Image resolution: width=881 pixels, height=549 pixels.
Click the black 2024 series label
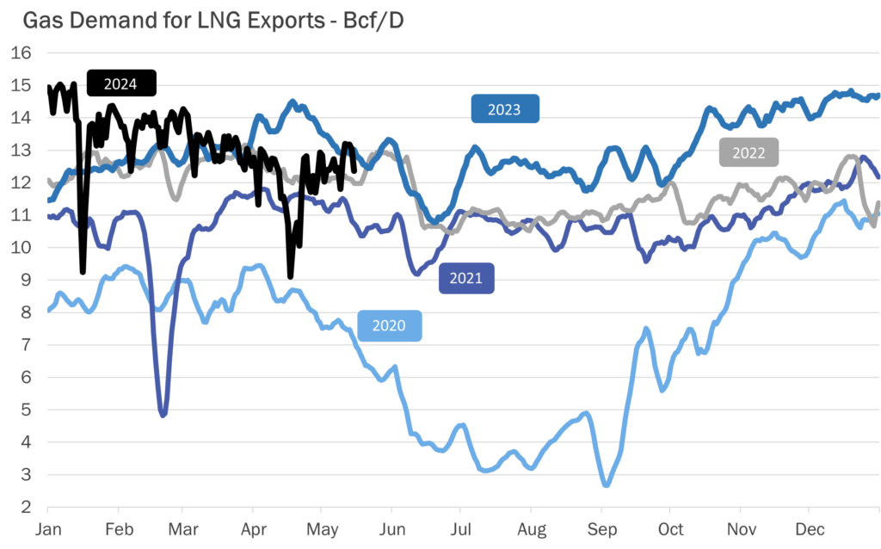122,83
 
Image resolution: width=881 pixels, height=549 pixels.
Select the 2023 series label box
505,109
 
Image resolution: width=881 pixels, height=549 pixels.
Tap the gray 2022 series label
749,153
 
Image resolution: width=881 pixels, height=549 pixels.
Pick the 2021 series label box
466,279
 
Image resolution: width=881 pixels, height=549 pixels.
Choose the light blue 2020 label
390,326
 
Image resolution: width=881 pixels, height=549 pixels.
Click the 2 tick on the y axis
26,507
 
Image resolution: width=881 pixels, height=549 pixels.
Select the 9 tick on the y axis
26,280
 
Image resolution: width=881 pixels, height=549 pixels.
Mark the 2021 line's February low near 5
163,415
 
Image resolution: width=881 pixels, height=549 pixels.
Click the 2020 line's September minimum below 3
606,484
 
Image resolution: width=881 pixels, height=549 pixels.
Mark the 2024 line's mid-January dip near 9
83,271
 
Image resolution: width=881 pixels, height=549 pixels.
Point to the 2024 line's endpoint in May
354,170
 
